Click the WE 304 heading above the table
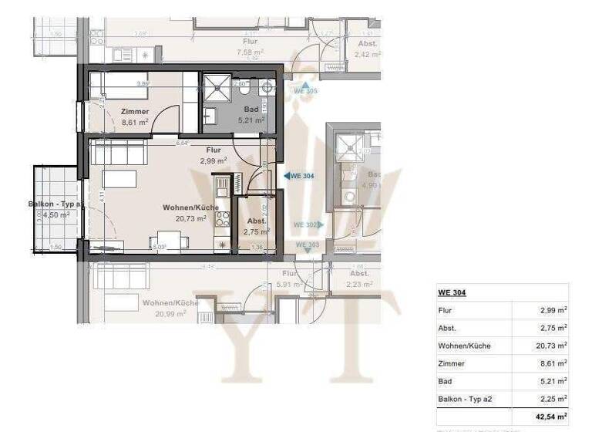coord(452,292)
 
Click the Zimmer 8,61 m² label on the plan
coord(135,116)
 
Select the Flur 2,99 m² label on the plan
coord(214,155)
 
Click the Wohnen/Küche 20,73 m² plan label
coord(190,213)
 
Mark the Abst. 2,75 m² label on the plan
coord(256,226)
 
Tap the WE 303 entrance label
coord(306,245)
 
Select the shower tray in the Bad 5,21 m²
coord(217,89)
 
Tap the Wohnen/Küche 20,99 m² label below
coord(170,308)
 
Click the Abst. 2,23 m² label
coord(359,278)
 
